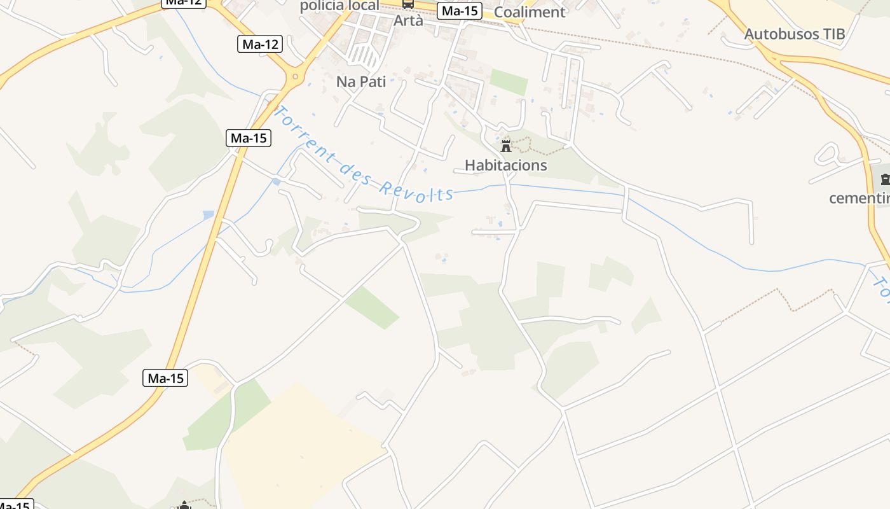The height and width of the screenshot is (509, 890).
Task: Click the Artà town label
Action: tap(408, 21)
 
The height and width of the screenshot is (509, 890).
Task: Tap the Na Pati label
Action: tap(361, 81)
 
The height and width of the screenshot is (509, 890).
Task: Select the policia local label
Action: tap(339, 6)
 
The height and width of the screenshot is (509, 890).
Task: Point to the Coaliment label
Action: tap(529, 12)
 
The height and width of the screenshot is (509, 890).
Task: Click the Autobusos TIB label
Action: tap(795, 34)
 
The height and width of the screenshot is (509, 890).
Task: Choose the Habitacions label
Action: tap(505, 165)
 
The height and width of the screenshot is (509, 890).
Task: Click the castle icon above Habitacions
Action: tap(506, 146)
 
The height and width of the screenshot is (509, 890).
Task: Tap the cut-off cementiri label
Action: tap(859, 198)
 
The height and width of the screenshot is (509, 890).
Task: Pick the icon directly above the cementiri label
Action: tap(885, 179)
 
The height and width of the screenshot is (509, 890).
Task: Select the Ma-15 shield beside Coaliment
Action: tap(460, 11)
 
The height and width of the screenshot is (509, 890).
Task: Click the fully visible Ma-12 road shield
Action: tap(261, 44)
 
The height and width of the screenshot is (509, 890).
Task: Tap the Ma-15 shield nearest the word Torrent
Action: tap(249, 137)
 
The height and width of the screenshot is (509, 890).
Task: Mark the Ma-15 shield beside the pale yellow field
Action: tap(165, 378)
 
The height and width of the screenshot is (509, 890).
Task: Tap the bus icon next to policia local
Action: tap(408, 4)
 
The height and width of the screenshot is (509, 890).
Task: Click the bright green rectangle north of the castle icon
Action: tap(509, 81)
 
